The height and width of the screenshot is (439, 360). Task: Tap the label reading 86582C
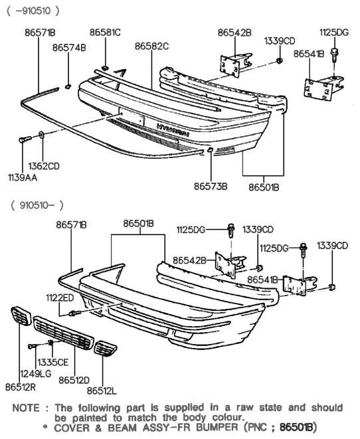click(151, 46)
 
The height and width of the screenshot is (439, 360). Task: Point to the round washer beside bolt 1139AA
click(43, 136)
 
